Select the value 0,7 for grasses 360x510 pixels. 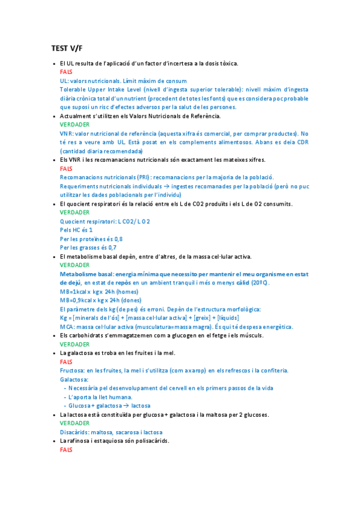point(112,247)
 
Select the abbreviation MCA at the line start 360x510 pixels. point(67,327)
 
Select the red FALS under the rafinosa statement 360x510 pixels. point(66,449)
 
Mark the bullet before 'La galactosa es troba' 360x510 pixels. point(54,353)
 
